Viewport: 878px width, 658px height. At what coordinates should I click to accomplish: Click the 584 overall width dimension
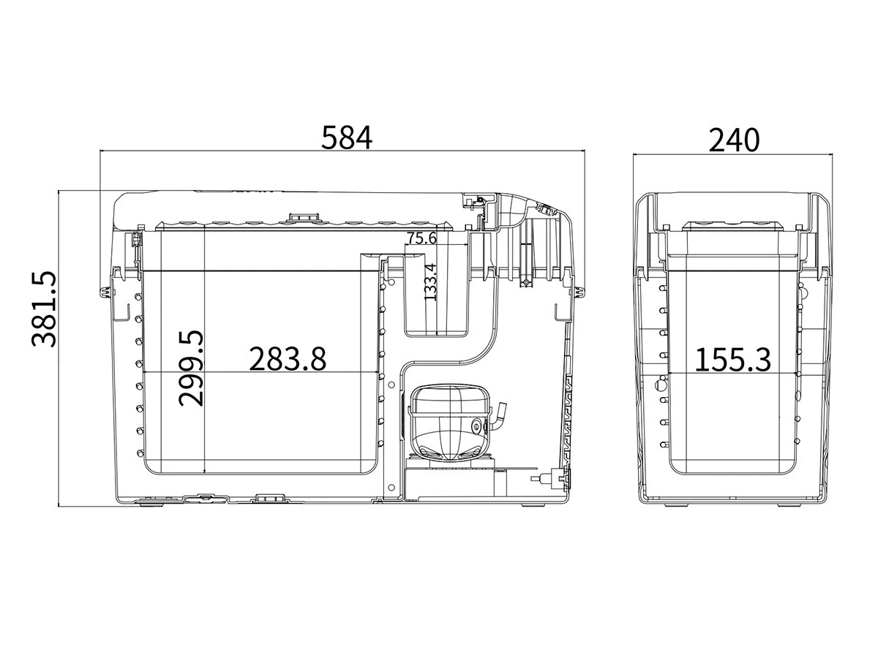pyautogui.click(x=346, y=138)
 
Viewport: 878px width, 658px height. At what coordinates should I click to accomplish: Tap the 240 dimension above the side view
pyautogui.click(x=734, y=140)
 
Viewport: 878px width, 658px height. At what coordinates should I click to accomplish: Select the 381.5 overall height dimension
pyautogui.click(x=44, y=309)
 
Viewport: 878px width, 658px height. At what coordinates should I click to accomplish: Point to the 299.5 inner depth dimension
pyautogui.click(x=191, y=368)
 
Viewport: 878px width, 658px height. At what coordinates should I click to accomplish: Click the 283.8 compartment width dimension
pyautogui.click(x=288, y=358)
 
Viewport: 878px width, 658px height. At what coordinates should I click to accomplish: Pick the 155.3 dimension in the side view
pyautogui.click(x=733, y=360)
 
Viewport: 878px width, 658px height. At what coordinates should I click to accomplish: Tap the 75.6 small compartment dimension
pyautogui.click(x=421, y=238)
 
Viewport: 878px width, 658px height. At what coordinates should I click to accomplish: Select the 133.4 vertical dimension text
pyautogui.click(x=430, y=281)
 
